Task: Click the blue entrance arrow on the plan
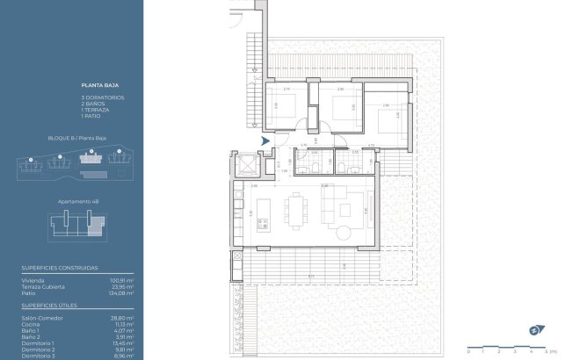265,140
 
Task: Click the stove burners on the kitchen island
261,227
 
